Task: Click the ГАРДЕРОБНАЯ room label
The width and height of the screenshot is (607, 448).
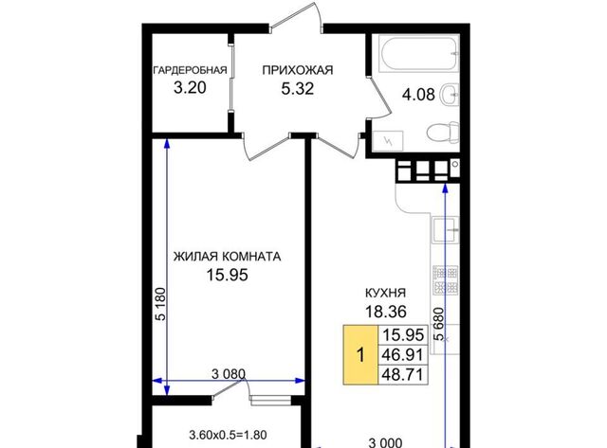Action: (x=190, y=70)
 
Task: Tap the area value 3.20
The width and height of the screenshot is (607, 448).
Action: (x=190, y=88)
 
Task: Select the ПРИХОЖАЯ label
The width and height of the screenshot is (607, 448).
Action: (x=297, y=70)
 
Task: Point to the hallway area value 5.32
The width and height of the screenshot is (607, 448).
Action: (x=297, y=89)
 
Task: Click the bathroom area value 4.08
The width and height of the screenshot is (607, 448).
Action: (x=418, y=95)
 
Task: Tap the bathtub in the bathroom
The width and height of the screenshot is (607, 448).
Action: (x=419, y=54)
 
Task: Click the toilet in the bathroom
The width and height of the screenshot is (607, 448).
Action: (x=444, y=133)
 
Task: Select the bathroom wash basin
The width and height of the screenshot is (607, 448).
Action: (x=450, y=94)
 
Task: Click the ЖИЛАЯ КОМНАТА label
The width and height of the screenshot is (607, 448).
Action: (x=227, y=257)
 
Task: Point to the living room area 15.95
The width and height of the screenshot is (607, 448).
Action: (x=227, y=276)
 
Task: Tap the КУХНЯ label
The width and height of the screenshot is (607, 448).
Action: (x=386, y=293)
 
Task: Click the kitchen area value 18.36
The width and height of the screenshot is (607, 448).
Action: (x=386, y=312)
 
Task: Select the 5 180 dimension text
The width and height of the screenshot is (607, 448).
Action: (x=160, y=304)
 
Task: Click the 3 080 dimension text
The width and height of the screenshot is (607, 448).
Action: (x=229, y=374)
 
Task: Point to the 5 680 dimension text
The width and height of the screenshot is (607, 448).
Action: (x=439, y=324)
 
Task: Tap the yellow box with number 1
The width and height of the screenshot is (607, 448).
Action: (x=360, y=355)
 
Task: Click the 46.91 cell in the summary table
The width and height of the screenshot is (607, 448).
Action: (x=403, y=354)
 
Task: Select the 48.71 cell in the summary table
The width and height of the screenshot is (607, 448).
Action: (x=403, y=374)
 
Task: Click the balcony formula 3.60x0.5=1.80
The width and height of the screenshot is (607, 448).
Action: (x=228, y=436)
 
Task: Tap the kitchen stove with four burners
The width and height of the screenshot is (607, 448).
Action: (x=445, y=279)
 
